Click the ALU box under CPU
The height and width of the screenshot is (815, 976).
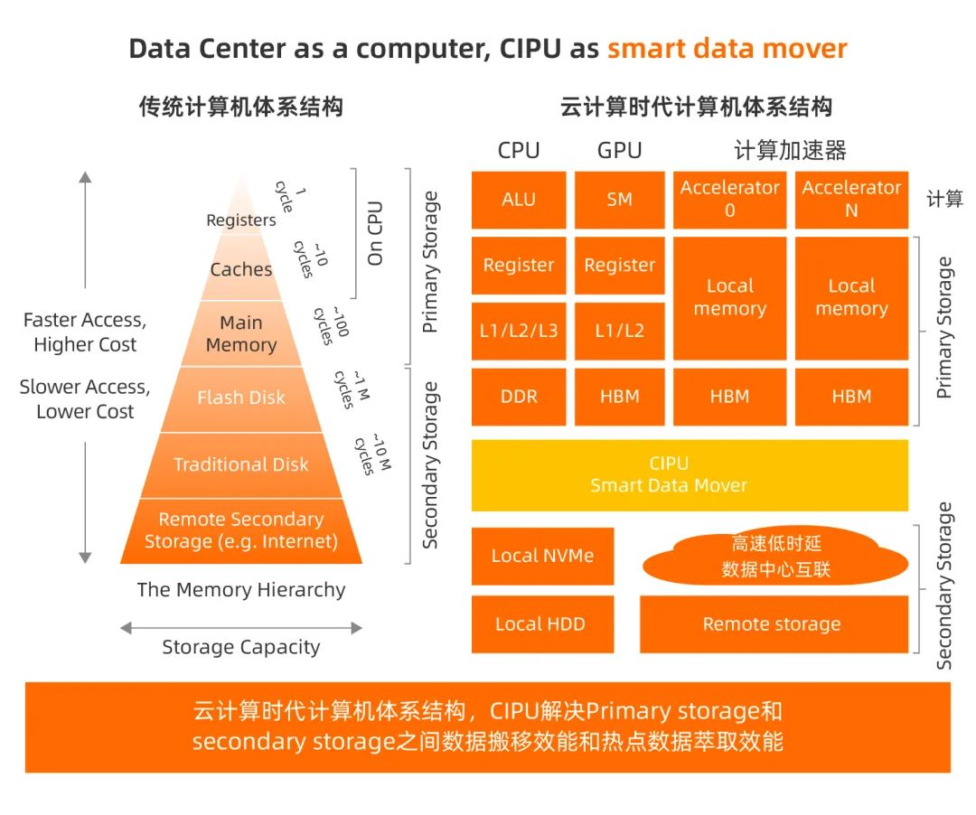pyautogui.click(x=519, y=200)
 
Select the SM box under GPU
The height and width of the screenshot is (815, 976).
pyautogui.click(x=619, y=200)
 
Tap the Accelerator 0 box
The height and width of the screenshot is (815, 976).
pyautogui.click(x=729, y=200)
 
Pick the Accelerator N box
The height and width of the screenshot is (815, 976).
pyautogui.click(x=851, y=200)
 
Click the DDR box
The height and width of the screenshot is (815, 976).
pyautogui.click(x=519, y=396)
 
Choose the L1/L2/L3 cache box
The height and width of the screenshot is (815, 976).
pyautogui.click(x=519, y=331)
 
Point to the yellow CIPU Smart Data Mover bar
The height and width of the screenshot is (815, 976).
pyautogui.click(x=690, y=474)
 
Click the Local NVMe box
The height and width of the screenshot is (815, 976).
pyautogui.click(x=542, y=556)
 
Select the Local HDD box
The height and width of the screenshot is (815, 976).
pyautogui.click(x=542, y=623)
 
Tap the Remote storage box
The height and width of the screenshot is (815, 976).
pyautogui.click(x=773, y=623)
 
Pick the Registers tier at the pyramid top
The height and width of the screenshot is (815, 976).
pyautogui.click(x=241, y=219)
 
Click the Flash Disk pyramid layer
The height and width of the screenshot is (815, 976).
pyautogui.click(x=241, y=398)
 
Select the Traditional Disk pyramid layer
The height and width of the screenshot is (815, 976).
pyautogui.click(x=241, y=464)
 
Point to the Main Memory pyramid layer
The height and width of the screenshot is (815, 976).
pyautogui.click(x=241, y=333)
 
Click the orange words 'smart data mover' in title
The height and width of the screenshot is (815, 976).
pyautogui.click(x=727, y=48)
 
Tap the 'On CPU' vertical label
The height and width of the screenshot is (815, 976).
pyautogui.click(x=375, y=233)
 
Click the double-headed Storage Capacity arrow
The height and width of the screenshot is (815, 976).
pyautogui.click(x=241, y=628)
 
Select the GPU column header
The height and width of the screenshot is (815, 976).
pyautogui.click(x=619, y=150)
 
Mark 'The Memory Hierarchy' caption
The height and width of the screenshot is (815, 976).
pyautogui.click(x=241, y=590)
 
